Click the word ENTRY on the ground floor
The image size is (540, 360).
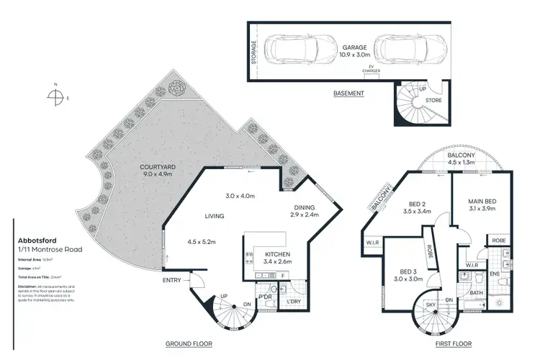[173, 280]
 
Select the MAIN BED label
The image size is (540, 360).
[483, 201]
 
